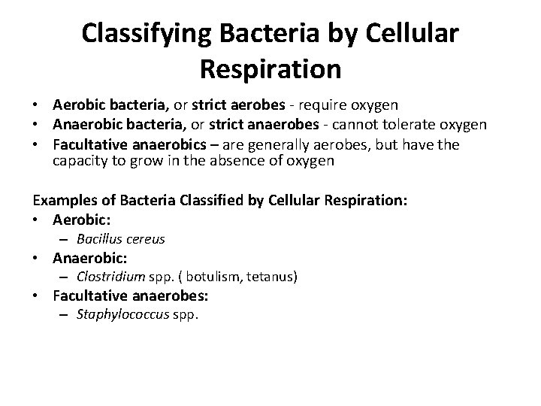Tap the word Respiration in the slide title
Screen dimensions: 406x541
pyautogui.click(x=270, y=69)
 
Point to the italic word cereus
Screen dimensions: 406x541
pyautogui.click(x=146, y=239)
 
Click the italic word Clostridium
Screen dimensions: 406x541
pyautogui.click(x=110, y=277)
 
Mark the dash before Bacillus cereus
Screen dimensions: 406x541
pyautogui.click(x=65, y=239)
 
